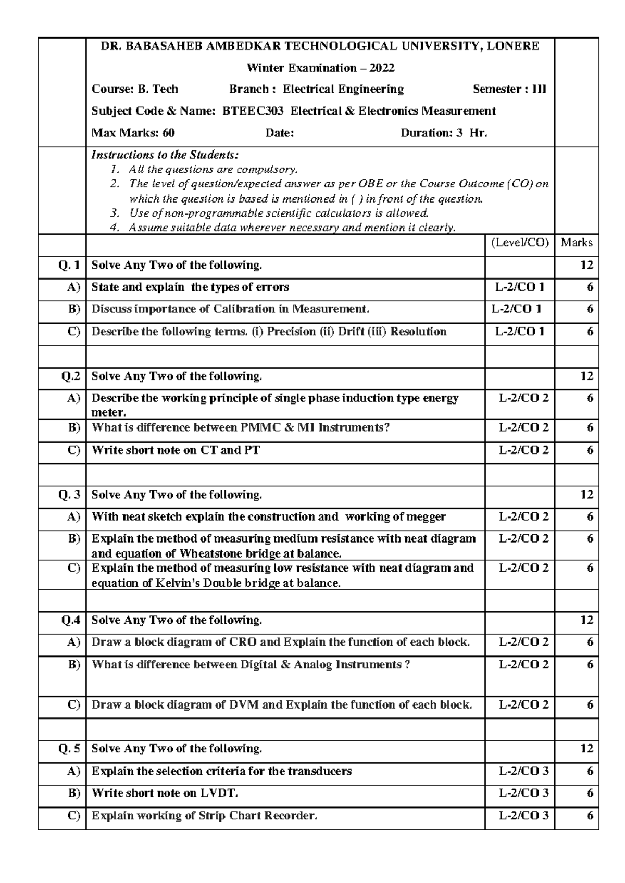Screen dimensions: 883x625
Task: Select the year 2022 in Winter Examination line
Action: pyautogui.click(x=382, y=68)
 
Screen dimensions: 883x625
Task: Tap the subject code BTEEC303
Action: pyautogui.click(x=253, y=111)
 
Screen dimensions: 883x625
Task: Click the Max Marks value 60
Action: pyautogui.click(x=168, y=133)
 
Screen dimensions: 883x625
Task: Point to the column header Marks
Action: pyautogui.click(x=577, y=243)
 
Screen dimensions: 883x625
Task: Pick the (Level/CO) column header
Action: pyautogui.click(x=520, y=243)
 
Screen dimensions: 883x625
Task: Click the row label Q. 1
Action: pyautogui.click(x=69, y=265)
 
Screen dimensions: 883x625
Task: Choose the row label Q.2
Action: pyautogui.click(x=70, y=376)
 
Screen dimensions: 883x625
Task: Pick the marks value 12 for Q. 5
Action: pyautogui.click(x=586, y=749)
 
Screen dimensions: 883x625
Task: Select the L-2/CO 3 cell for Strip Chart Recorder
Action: pyautogui.click(x=523, y=816)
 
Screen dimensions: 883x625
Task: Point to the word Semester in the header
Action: pyautogui.click(x=496, y=89)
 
